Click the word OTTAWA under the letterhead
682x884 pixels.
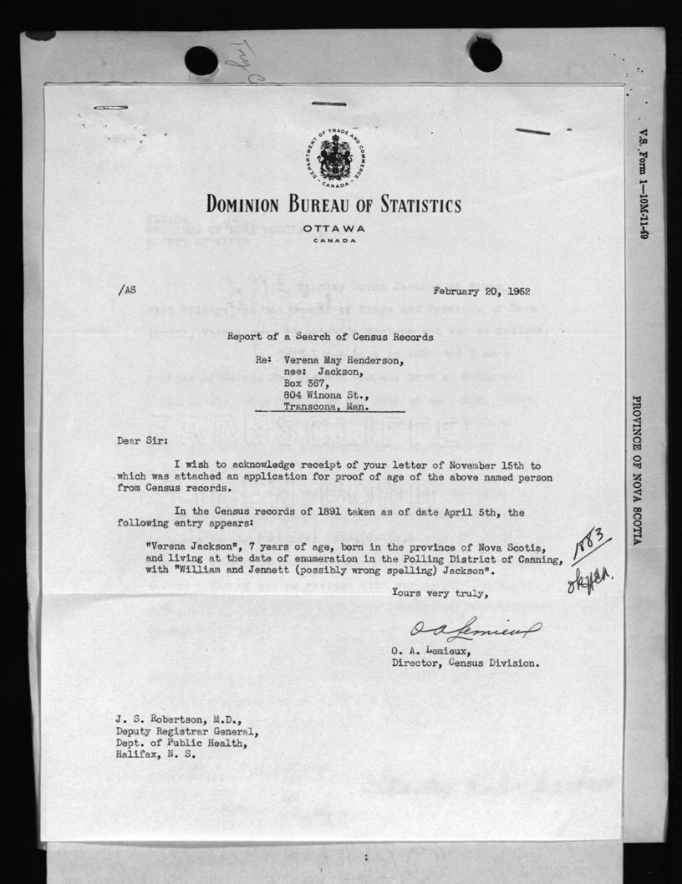[334, 228]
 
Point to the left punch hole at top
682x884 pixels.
[201, 60]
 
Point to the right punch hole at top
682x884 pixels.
[486, 55]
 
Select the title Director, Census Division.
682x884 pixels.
[465, 664]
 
